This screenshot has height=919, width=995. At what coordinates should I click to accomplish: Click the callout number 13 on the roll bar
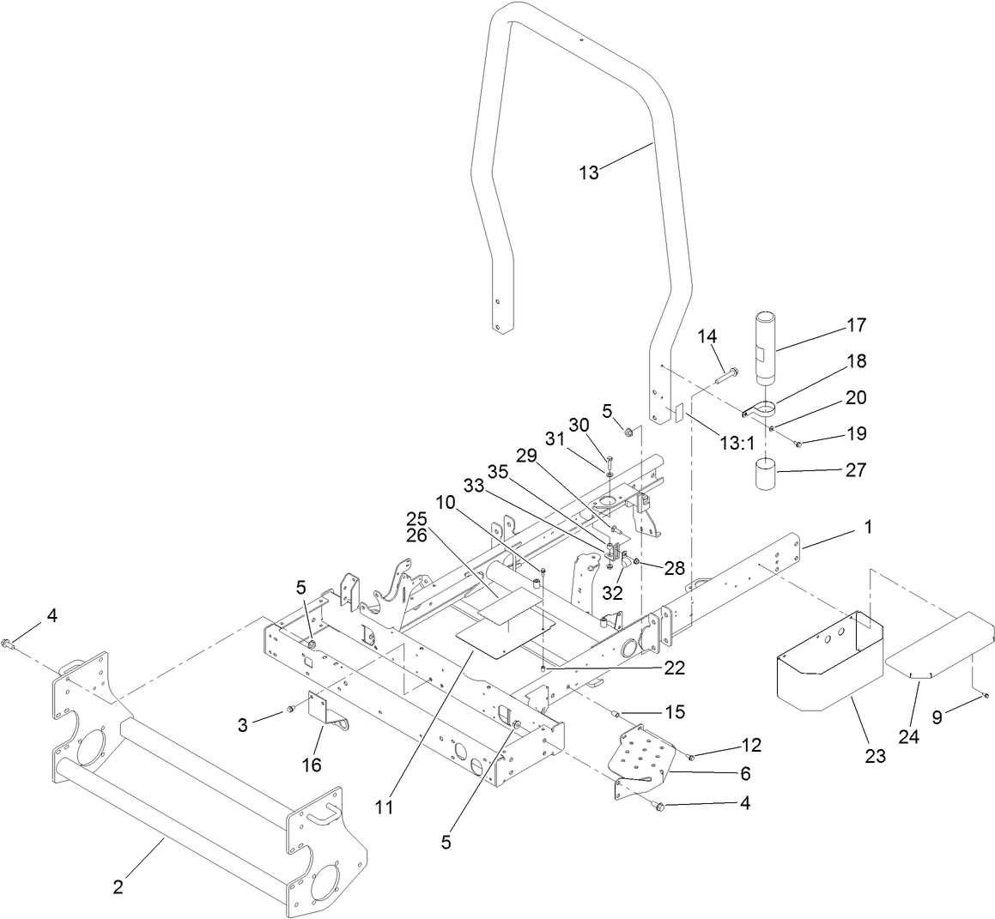[588, 172]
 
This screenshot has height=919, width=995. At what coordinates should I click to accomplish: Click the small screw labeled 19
[798, 444]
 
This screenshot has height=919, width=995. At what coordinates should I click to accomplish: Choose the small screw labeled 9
[986, 695]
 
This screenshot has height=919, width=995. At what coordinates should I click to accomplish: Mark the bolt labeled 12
[691, 756]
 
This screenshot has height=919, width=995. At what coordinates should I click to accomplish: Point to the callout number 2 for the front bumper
[118, 887]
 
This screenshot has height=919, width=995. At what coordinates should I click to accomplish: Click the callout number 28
[674, 568]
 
